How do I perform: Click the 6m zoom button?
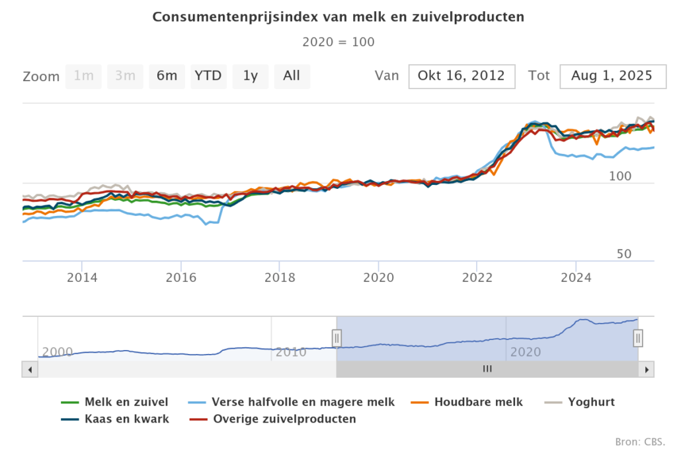(167, 76)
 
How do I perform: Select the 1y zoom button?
(250, 76)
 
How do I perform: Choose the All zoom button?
(292, 76)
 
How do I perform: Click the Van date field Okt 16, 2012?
(461, 76)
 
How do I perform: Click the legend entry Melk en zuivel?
(126, 401)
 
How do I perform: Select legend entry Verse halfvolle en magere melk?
(303, 401)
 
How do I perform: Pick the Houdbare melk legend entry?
(478, 401)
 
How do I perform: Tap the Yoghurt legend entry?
(591, 401)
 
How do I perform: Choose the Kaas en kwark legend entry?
(126, 419)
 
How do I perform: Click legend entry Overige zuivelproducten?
(284, 419)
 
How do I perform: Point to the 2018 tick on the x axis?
(280, 276)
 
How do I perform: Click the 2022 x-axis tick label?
(477, 276)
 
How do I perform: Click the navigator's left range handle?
(337, 338)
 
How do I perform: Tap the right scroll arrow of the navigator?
(648, 369)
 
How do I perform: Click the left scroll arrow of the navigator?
(29, 369)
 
